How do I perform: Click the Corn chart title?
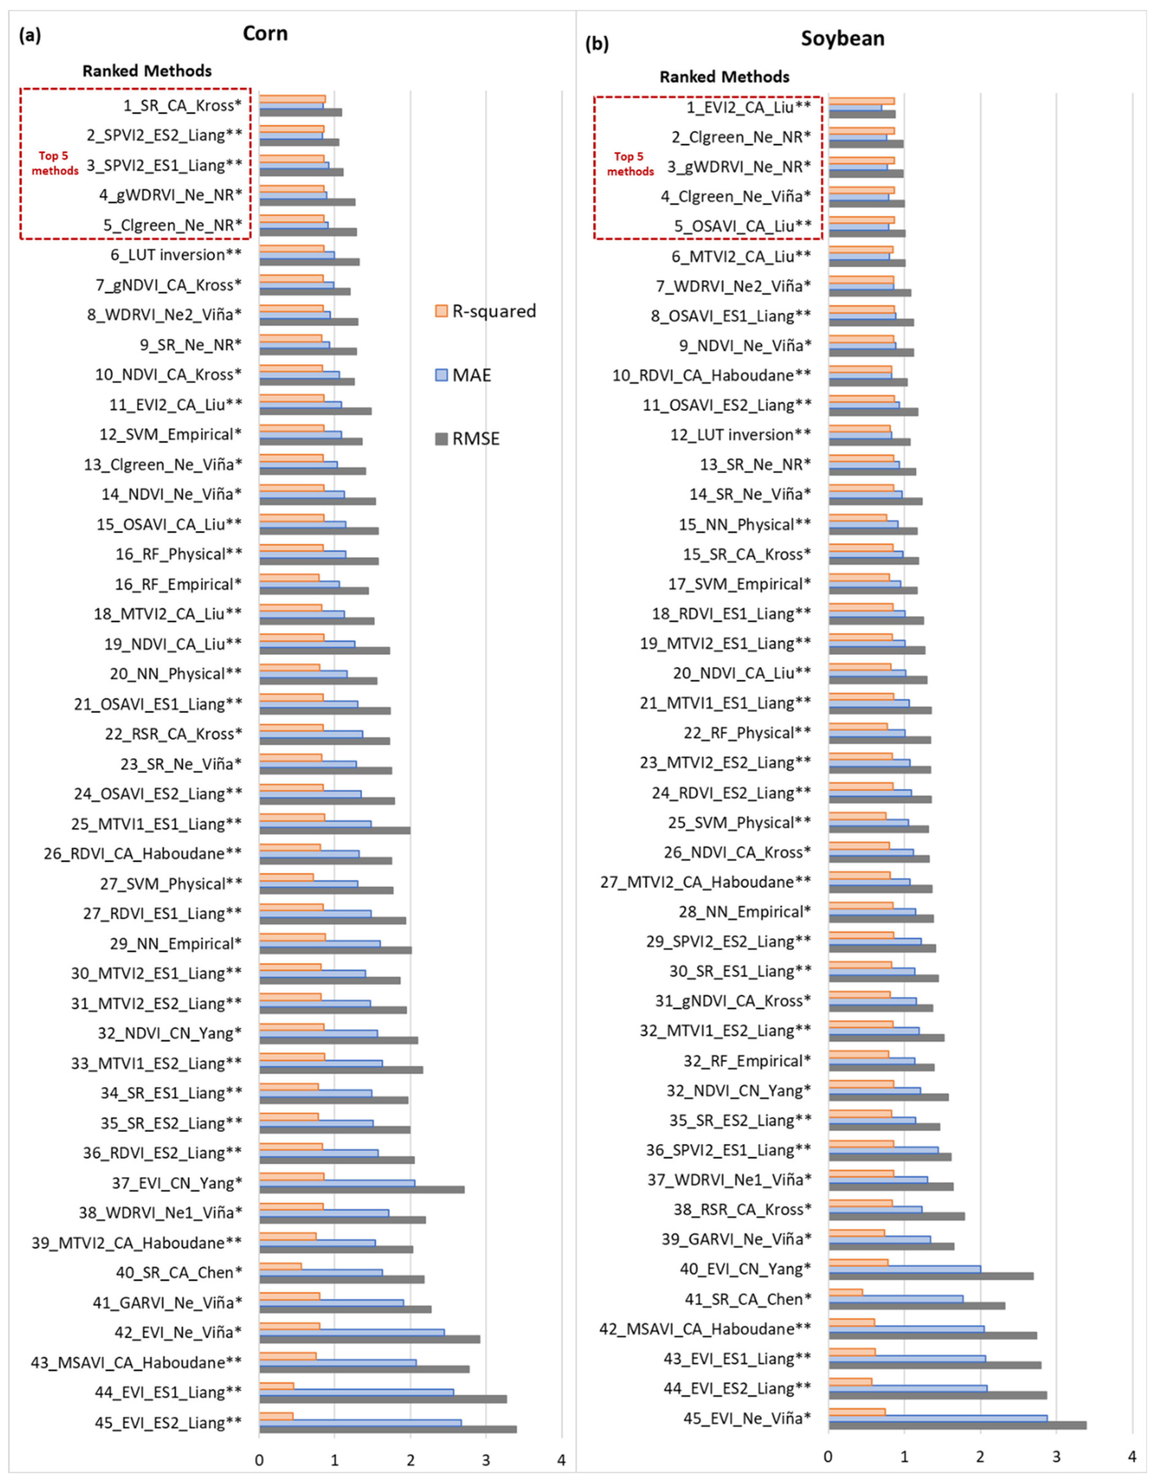coord(265,33)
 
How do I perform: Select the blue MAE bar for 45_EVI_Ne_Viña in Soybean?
coord(938,1418)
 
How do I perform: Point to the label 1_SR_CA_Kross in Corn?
coord(183,105)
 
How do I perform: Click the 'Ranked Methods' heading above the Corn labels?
coord(147,71)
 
